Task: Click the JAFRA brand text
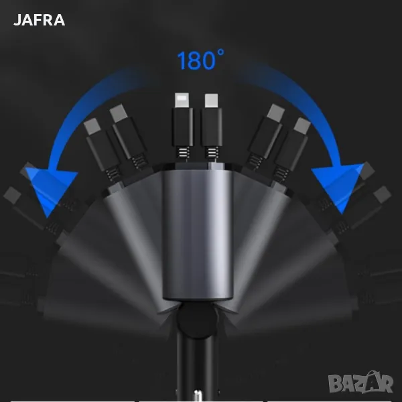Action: tap(40, 20)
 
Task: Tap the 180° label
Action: tap(200, 60)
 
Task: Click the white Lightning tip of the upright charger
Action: tap(182, 100)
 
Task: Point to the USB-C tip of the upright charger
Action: tap(212, 100)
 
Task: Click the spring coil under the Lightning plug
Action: tap(183, 152)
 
